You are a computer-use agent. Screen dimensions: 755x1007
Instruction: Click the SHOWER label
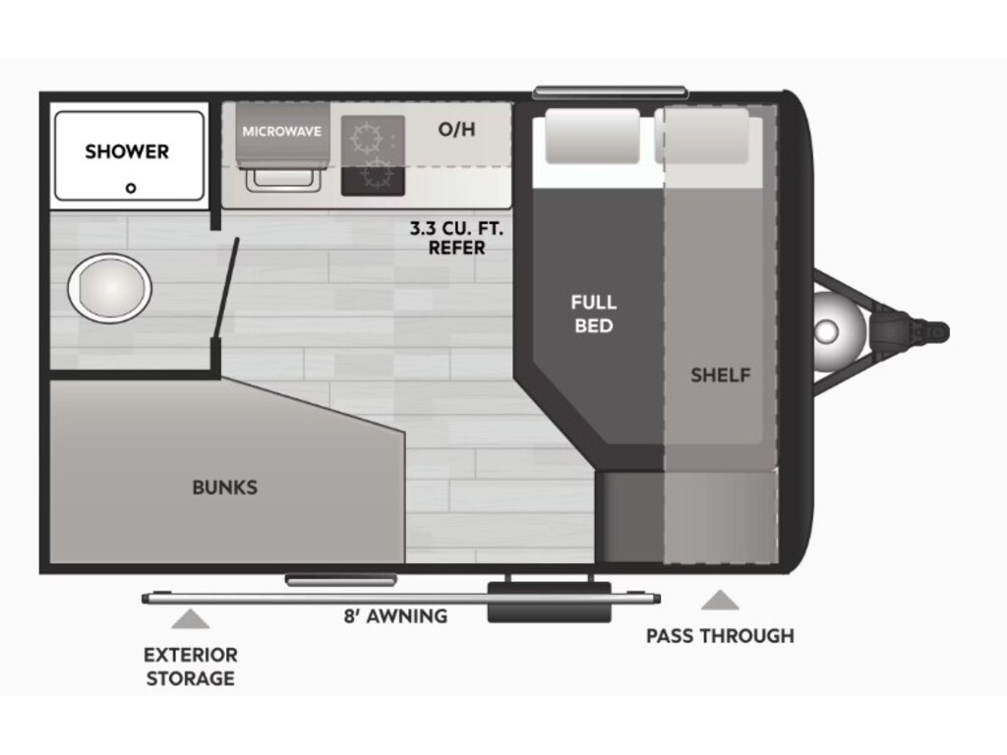tap(127, 151)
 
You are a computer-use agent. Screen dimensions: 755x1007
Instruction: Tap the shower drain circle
tap(131, 187)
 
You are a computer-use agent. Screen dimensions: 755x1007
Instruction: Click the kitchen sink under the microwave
tap(281, 178)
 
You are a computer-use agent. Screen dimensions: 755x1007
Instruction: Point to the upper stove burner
tap(366, 136)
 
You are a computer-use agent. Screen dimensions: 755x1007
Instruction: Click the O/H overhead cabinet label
tap(456, 129)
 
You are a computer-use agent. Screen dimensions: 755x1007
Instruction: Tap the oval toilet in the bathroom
tap(109, 287)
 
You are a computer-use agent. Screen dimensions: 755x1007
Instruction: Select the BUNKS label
tap(224, 487)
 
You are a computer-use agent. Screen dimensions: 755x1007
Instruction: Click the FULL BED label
tap(594, 313)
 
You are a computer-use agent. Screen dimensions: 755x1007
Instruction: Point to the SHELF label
tap(720, 375)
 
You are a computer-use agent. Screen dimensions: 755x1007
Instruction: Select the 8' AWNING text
tap(394, 616)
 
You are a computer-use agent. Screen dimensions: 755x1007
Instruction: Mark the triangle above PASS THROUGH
tap(720, 600)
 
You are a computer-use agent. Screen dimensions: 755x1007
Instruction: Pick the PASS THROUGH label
tap(720, 635)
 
